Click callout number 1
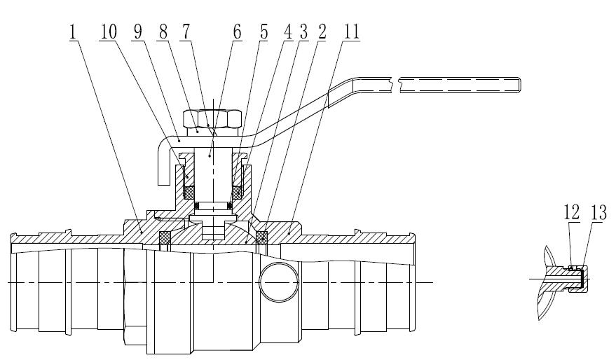coord(74,33)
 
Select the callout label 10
coord(108,33)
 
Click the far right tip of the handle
coord(521,83)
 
